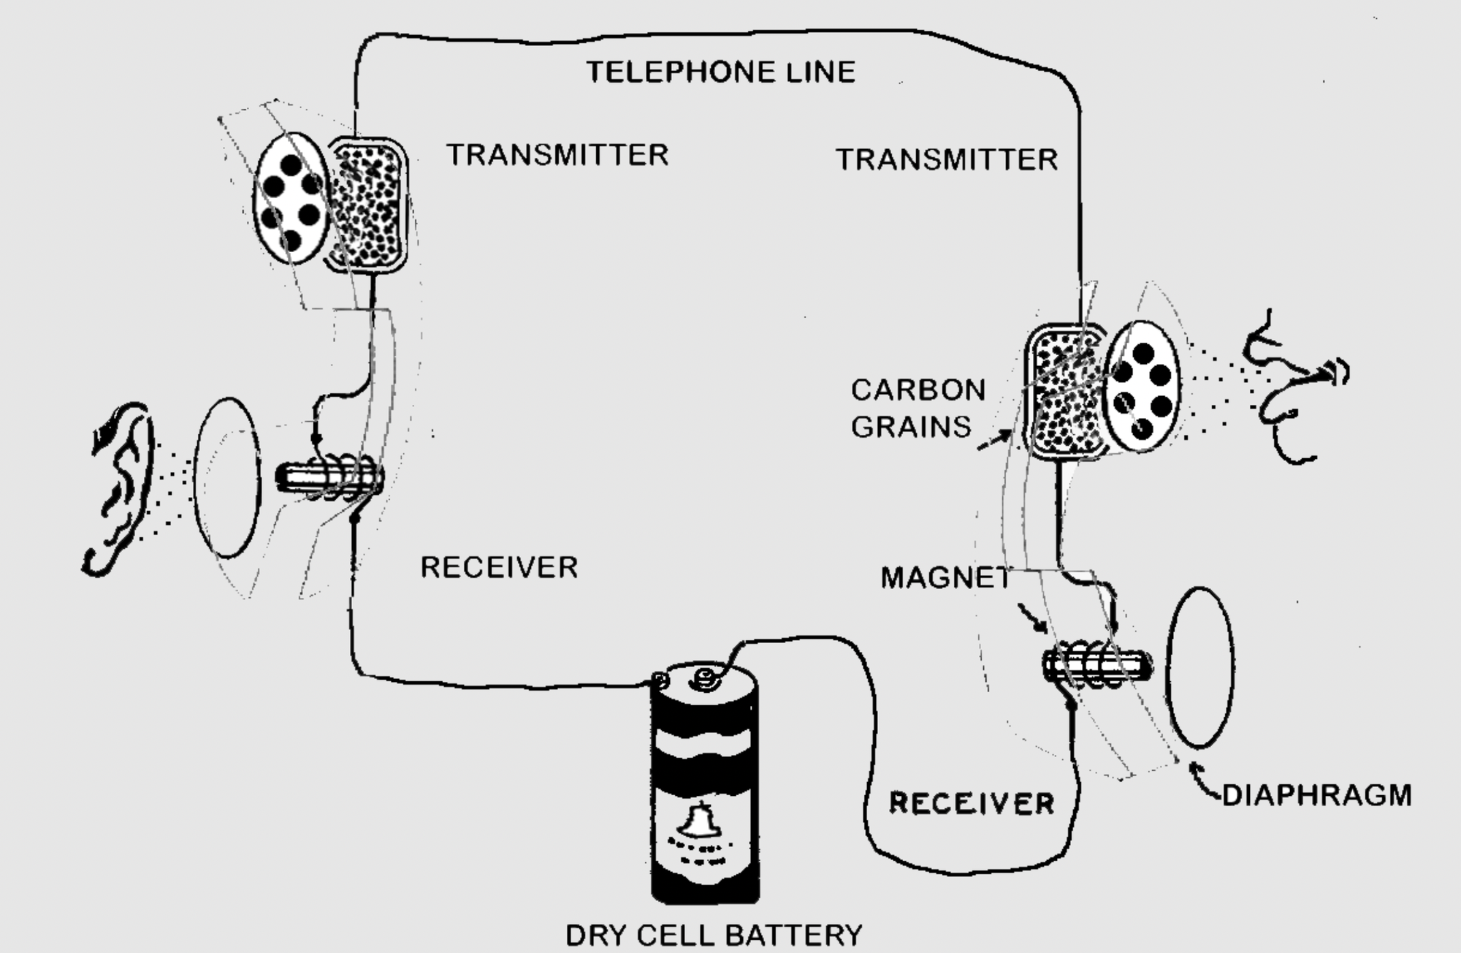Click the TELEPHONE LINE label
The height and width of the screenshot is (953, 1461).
720,72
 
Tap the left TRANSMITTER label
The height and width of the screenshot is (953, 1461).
557,155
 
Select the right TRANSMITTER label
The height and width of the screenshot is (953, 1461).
947,159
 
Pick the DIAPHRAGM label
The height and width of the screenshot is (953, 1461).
1317,795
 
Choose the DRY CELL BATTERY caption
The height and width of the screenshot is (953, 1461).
714,935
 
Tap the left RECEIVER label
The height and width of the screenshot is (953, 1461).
499,567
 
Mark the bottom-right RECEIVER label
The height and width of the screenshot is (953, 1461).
972,803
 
